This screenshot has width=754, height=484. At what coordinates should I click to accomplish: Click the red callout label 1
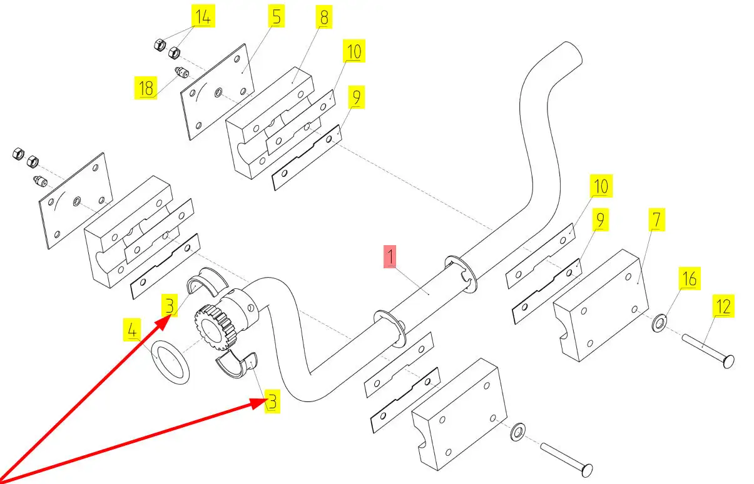click(x=390, y=257)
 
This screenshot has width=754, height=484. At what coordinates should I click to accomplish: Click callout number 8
click(x=324, y=18)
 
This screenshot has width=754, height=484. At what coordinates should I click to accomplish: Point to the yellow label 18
click(x=146, y=88)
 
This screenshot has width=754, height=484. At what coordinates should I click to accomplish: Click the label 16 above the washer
click(x=689, y=278)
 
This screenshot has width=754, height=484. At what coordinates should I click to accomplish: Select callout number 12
click(x=723, y=306)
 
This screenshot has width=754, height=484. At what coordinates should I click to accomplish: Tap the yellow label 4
click(x=133, y=330)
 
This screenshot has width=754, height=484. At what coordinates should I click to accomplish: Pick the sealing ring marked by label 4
click(x=171, y=363)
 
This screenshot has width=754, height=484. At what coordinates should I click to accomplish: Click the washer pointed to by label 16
click(x=660, y=324)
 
